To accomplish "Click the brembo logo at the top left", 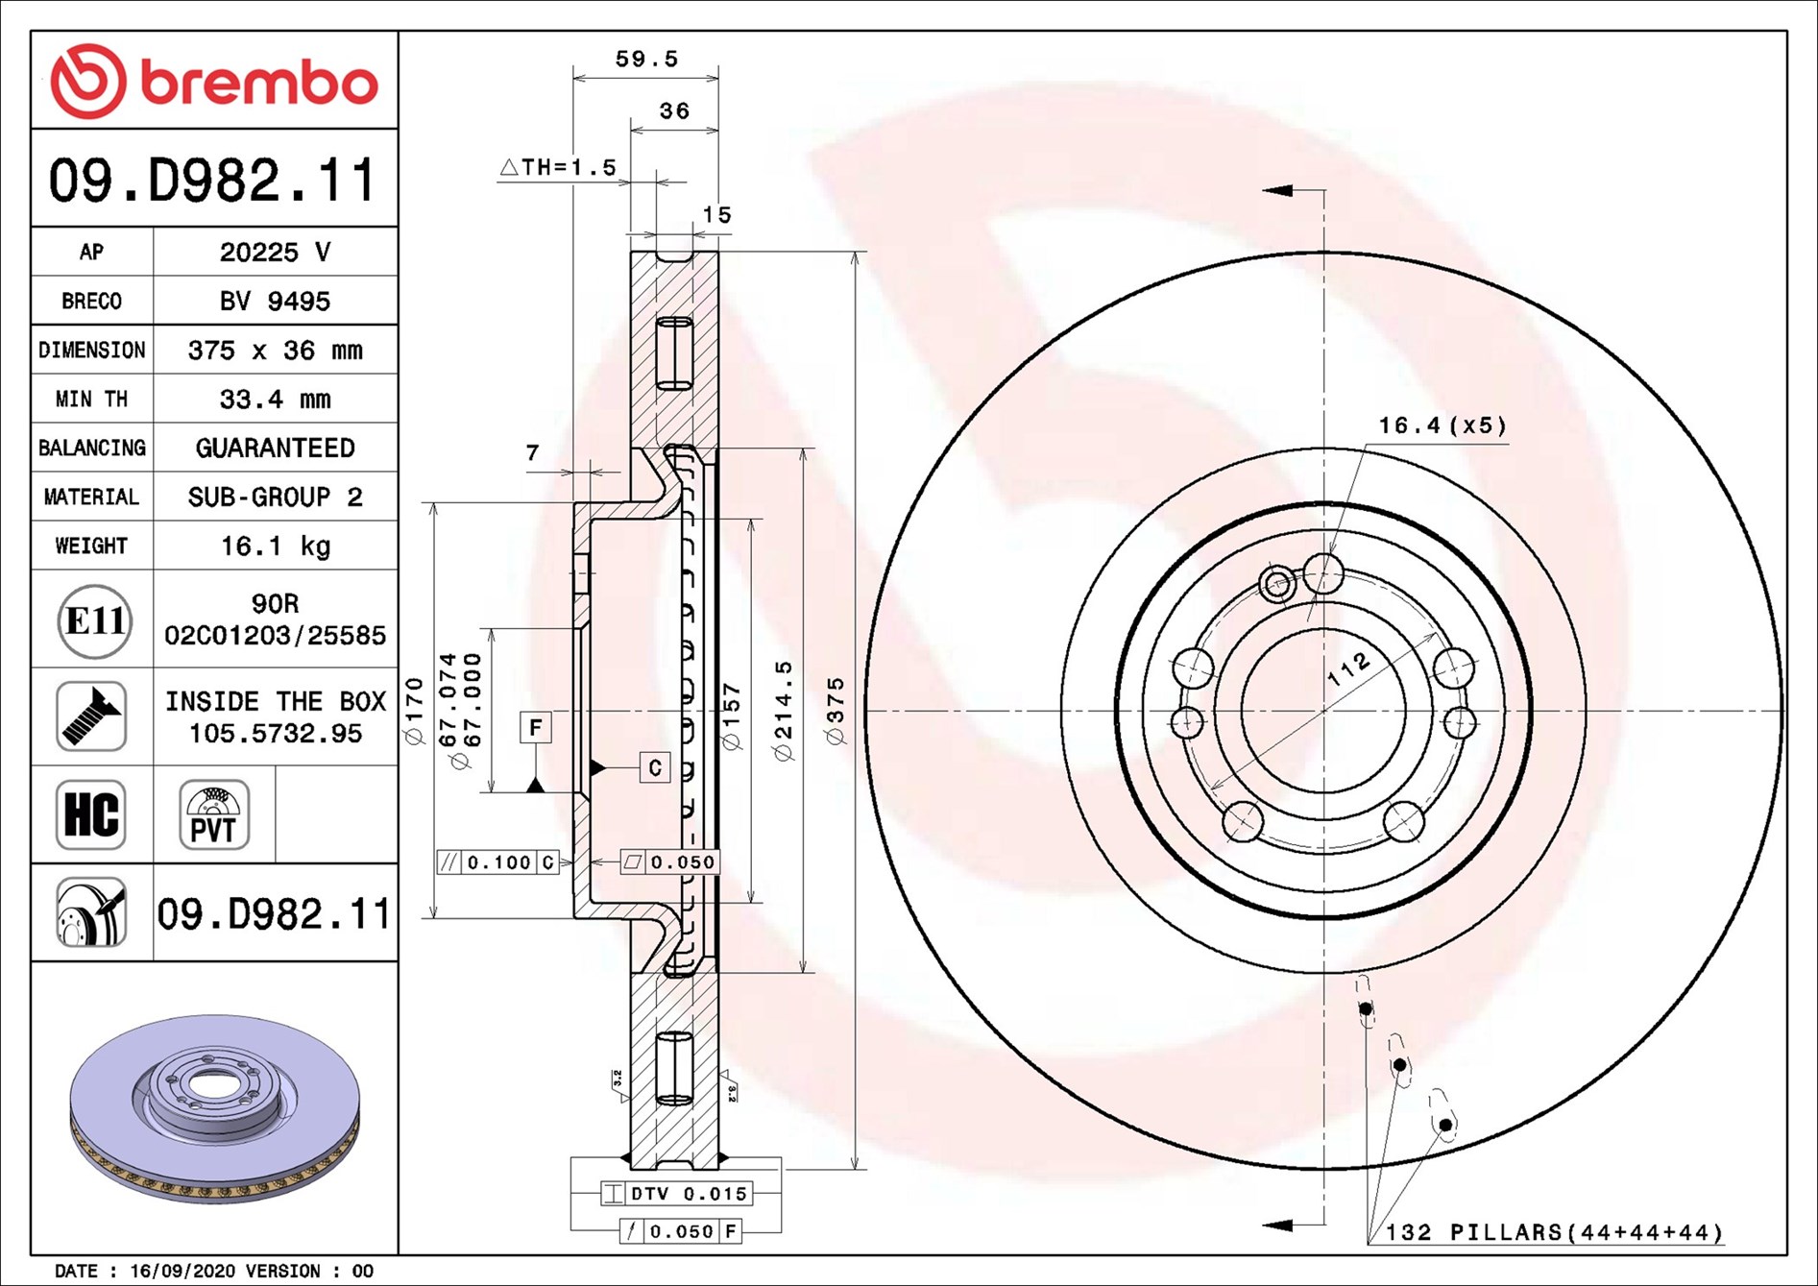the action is coord(214,82).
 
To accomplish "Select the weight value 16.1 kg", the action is coord(276,546).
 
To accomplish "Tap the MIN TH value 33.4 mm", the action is coord(275,399).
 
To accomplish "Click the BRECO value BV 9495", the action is coord(275,301).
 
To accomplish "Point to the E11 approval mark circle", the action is coord(93,621).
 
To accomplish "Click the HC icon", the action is coord(91,814).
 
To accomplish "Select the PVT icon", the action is coord(214,814).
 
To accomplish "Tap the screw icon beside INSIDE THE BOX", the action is coord(91,716).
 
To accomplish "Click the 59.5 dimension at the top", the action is coord(646,59).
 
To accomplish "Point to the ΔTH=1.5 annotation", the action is coord(558,167).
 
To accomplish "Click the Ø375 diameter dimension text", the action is coord(836,711).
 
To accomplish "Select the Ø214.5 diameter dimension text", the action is coord(784,711).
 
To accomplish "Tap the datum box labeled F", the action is coord(536,727).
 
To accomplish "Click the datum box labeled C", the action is coord(655,767).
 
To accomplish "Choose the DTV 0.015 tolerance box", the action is coord(676,1194).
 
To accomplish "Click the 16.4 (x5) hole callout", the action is coord(1442,425).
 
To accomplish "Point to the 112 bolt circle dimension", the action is coord(1349,668).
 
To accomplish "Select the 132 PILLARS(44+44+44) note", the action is coord(1554,1232).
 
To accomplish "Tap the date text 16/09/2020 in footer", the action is coord(182,1271).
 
